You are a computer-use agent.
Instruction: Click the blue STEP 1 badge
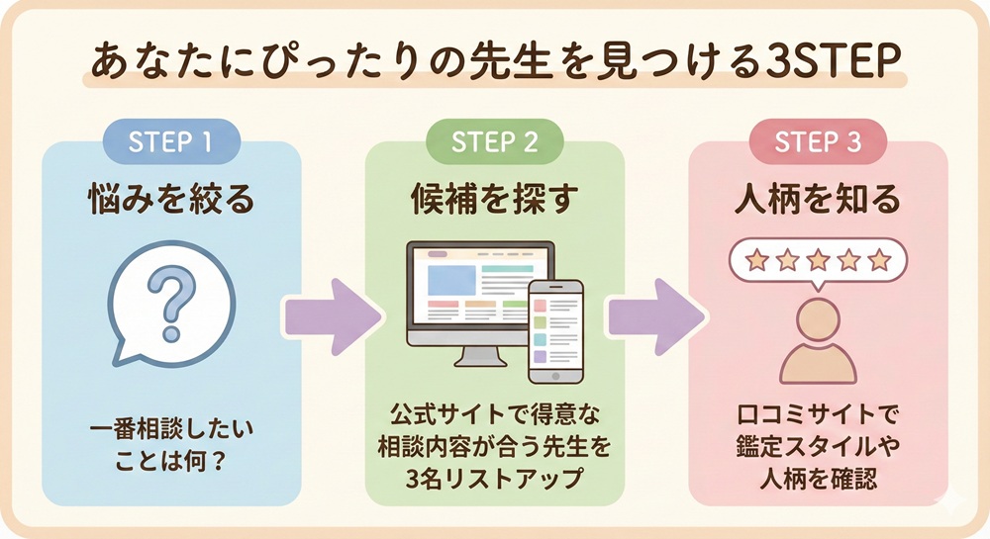[x=171, y=141]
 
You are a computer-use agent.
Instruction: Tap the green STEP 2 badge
[x=495, y=141]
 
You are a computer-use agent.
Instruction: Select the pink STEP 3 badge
[x=818, y=141]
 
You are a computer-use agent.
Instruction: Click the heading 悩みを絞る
[x=171, y=200]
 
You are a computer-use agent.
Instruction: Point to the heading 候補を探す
[x=495, y=200]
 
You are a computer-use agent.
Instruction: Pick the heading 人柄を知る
[x=818, y=200]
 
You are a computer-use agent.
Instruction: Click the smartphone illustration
[x=555, y=330]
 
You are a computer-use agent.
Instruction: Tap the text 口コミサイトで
[x=818, y=408]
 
